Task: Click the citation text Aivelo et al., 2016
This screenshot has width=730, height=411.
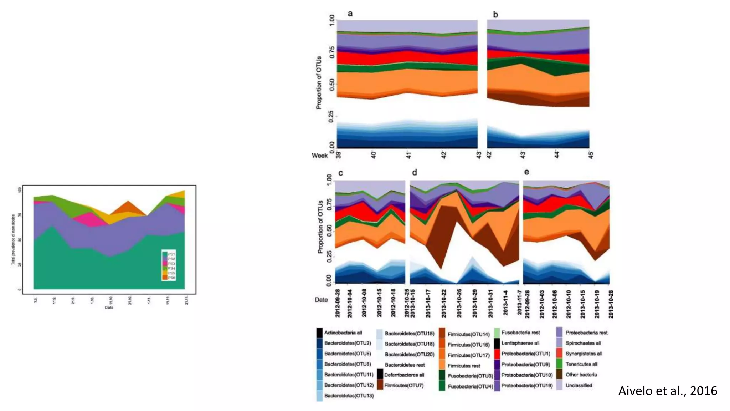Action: click(667, 391)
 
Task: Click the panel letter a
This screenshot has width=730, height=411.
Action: click(350, 14)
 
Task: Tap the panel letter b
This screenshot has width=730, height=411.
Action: click(495, 15)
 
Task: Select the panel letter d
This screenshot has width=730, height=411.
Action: click(415, 173)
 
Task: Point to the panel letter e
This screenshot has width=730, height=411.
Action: click(526, 172)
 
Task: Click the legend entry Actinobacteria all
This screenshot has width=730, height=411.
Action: click(343, 333)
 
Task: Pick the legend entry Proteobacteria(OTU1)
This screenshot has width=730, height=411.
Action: click(525, 354)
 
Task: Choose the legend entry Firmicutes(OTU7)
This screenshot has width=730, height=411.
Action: click(403, 385)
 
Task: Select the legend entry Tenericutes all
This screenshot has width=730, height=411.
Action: click(581, 364)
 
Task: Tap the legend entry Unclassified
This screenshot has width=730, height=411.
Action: click(579, 385)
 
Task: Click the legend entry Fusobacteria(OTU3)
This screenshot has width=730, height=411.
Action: click(470, 376)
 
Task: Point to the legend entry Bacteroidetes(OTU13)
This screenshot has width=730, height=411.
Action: click(349, 396)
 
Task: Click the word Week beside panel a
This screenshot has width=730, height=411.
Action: click(319, 156)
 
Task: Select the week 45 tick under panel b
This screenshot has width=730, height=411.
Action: click(591, 155)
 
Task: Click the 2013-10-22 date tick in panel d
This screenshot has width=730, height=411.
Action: click(444, 304)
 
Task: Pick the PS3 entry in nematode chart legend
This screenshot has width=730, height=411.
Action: click(171, 264)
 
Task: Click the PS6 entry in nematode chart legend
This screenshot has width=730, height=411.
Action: click(171, 278)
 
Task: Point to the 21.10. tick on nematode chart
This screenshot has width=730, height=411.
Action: click(130, 300)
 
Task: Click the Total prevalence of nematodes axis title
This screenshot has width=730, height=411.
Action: click(13, 239)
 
